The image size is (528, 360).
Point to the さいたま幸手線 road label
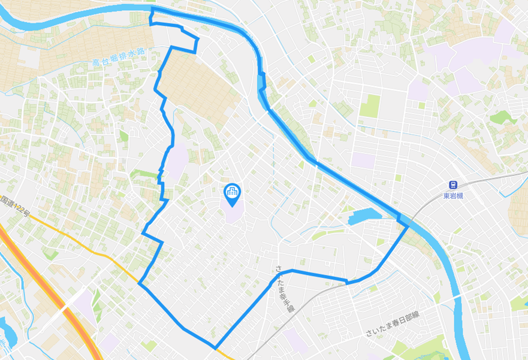(283, 290)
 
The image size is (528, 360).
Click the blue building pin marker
(231, 192)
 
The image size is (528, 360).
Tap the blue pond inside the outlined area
(362, 216)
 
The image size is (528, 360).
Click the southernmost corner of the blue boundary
(215, 348)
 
